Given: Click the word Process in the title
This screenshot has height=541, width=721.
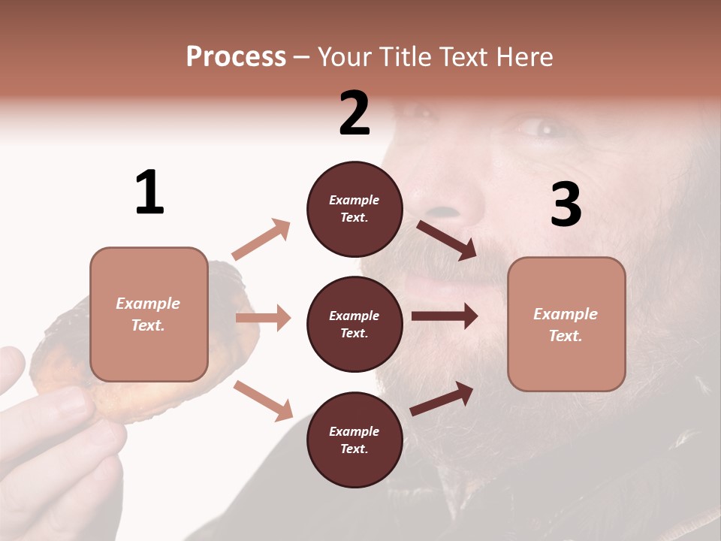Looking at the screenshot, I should [x=236, y=57].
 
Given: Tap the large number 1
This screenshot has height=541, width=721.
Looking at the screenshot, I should [x=149, y=193].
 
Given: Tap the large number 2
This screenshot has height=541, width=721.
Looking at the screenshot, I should [x=354, y=113].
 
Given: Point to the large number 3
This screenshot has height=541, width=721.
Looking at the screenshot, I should [x=566, y=204].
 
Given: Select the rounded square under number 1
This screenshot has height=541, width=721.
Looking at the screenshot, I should [x=149, y=314].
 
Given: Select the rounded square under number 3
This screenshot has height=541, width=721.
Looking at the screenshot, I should [x=566, y=324].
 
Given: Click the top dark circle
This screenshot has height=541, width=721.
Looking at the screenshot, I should [x=354, y=209].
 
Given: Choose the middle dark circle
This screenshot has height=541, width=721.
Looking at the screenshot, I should [x=354, y=324].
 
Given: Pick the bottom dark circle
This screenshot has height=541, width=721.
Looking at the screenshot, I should [x=354, y=440].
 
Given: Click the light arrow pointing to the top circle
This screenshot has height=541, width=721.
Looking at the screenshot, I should [x=261, y=240].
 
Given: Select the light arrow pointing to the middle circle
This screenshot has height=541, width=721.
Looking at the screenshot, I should [x=263, y=318].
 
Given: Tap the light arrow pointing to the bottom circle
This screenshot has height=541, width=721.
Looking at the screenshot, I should [x=263, y=400].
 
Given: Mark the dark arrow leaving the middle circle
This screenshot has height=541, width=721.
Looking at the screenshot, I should [x=444, y=316].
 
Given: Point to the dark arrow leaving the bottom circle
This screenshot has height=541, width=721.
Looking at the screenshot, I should [x=442, y=399].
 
